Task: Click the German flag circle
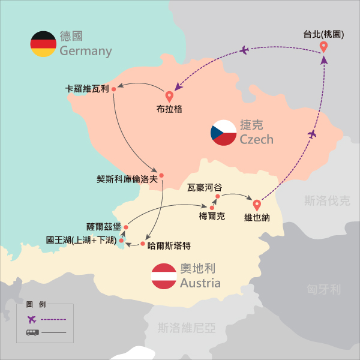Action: [43, 44]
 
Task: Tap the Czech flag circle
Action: [223, 133]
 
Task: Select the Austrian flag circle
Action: [163, 276]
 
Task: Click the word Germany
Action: [86, 51]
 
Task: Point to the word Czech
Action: [256, 140]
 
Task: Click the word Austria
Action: [200, 283]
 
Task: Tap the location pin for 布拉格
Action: [169, 96]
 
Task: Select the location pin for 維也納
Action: [257, 205]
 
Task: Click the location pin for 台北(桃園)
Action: [323, 47]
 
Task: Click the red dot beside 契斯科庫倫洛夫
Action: [161, 176]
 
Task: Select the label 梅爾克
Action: [212, 217]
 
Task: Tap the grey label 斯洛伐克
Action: [326, 200]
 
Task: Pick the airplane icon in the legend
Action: [32, 319]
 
